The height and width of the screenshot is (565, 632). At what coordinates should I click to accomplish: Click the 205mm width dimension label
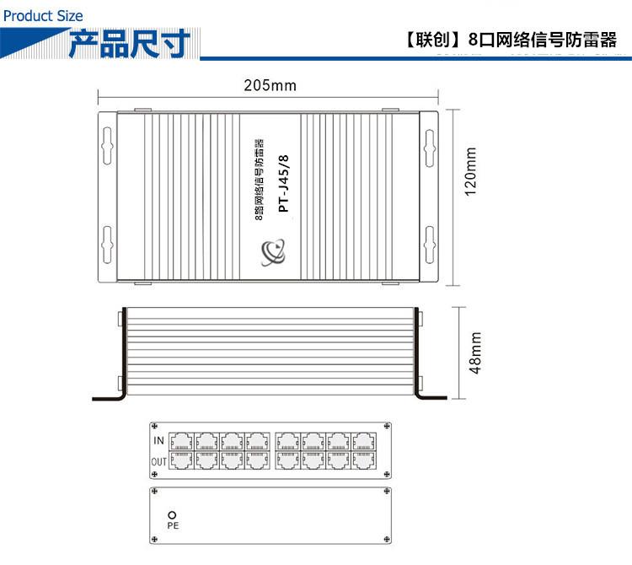[x=270, y=86]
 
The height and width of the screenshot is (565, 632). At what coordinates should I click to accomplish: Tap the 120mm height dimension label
[x=470, y=171]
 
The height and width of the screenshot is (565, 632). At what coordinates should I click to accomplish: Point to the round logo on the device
[x=274, y=250]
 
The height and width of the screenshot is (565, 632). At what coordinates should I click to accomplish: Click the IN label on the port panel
[x=158, y=441]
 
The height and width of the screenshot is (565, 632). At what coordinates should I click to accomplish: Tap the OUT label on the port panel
[x=158, y=461]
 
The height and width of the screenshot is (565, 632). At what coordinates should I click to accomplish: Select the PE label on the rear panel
[x=173, y=525]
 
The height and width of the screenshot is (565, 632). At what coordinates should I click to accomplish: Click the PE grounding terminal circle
[x=173, y=514]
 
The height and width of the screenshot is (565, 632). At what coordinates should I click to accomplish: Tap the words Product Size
[x=42, y=15]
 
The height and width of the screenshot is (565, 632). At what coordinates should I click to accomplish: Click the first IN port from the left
[x=181, y=441]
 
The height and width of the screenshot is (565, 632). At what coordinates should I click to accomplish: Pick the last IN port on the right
[x=364, y=441]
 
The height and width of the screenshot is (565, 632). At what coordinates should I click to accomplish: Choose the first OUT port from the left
[x=181, y=460]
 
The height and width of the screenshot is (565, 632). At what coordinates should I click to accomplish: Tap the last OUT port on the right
[x=364, y=460]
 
